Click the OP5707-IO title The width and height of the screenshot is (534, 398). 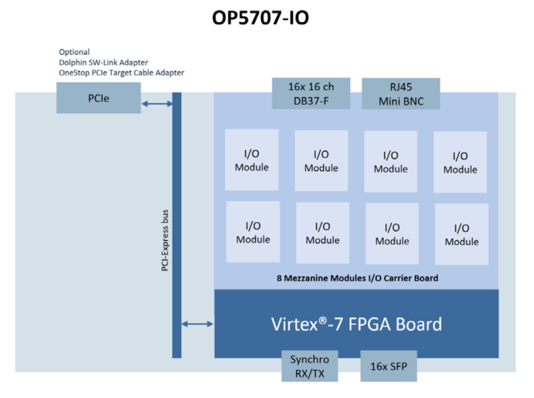pos(260,18)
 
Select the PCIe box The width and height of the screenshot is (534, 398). pos(98,98)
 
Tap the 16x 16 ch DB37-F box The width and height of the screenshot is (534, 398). pos(311,93)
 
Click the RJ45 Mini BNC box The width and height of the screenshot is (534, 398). pos(401,94)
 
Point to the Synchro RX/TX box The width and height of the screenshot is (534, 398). pos(310,366)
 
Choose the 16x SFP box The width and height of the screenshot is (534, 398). pos(388,366)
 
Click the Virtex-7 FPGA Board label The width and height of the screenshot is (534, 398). pos(356,324)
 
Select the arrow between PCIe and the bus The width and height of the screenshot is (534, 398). pos(157,103)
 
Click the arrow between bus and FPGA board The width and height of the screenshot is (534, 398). pos(198,324)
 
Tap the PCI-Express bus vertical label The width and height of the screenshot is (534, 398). pos(165,240)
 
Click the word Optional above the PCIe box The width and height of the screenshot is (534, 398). pos(74,52)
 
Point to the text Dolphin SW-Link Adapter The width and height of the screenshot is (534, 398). pos(103,62)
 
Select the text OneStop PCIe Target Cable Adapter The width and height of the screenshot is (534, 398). pos(121,73)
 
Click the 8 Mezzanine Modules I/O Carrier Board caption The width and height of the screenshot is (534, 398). pos(357,278)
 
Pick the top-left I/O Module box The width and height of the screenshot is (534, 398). pos(252,159)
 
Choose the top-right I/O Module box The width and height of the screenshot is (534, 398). pos(460,162)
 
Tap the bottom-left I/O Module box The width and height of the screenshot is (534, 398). pos(253,231)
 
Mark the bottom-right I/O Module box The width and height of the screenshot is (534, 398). pos(461,234)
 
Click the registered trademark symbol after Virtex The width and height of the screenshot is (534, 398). pos(323,320)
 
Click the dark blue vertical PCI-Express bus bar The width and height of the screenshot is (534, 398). pos(177,225)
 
